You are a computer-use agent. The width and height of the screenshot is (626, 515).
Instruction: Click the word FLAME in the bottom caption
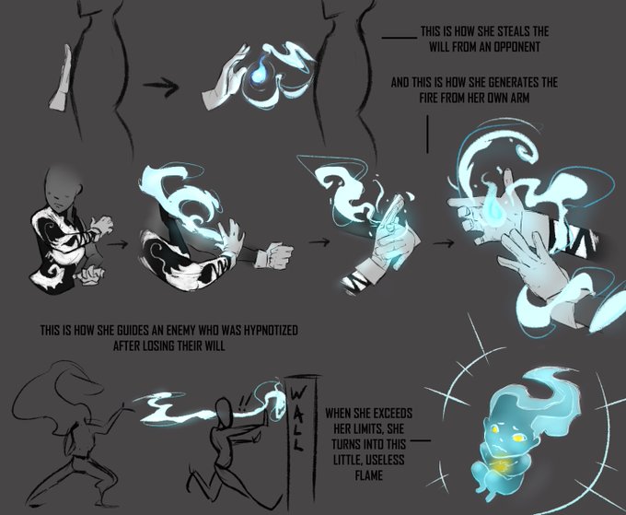click(368, 475)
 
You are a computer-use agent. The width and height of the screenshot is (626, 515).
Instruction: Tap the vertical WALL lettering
click(297, 418)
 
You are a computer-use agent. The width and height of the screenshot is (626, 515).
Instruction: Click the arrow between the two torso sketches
click(160, 86)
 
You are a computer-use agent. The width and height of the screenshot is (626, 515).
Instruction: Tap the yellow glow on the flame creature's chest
click(500, 465)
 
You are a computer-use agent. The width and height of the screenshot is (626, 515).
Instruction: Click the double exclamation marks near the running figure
click(243, 403)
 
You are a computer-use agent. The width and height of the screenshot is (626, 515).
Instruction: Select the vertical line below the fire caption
click(427, 134)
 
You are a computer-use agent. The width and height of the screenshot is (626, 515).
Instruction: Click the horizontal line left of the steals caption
click(400, 38)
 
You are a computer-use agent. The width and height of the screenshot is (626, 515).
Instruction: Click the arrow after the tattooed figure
click(118, 242)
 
